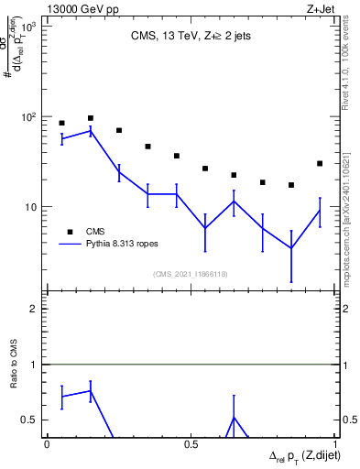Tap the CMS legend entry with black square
click(x=68, y=231)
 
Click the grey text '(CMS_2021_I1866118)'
click(x=190, y=274)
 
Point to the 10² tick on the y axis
click(x=27, y=117)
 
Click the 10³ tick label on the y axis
click(x=27, y=27)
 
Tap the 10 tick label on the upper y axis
click(x=29, y=207)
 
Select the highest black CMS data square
click(x=90, y=118)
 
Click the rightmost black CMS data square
click(x=320, y=163)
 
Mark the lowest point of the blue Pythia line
click(x=291, y=248)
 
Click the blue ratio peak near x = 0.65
click(x=234, y=417)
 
